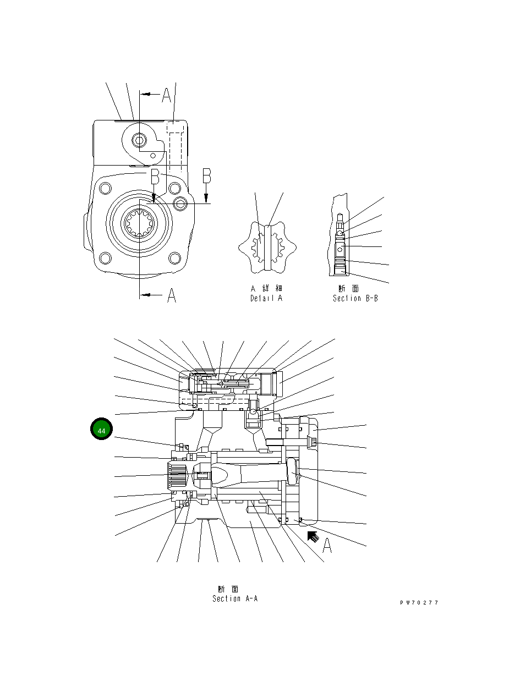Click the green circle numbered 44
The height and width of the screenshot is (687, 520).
click(102, 430)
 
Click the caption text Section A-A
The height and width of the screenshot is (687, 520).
click(235, 598)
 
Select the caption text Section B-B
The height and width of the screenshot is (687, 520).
click(355, 298)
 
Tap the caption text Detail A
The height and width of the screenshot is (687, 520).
click(266, 298)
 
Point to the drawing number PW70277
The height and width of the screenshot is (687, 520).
click(419, 603)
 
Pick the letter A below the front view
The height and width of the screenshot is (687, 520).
click(172, 296)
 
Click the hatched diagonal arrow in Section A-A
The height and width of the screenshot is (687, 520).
click(314, 535)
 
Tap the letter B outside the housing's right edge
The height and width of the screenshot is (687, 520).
click(207, 175)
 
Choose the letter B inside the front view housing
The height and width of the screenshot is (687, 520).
click(155, 177)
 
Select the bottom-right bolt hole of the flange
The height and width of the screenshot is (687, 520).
click(174, 257)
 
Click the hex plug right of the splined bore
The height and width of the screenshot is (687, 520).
click(181, 205)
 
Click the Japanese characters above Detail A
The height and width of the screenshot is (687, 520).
click(266, 288)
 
